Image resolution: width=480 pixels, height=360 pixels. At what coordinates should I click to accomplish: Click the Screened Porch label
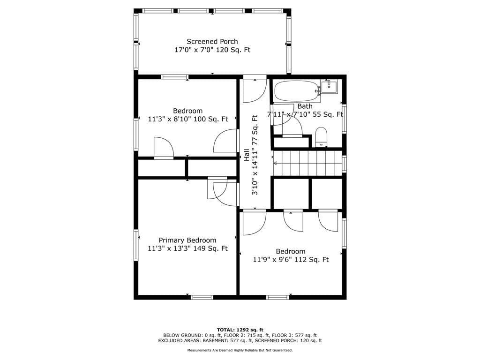(x=212, y=41)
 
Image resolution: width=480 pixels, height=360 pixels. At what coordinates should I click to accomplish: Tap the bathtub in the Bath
(x=296, y=91)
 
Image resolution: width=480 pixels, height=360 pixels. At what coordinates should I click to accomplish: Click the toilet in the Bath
(x=322, y=137)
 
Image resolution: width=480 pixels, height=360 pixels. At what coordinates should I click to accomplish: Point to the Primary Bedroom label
(x=187, y=240)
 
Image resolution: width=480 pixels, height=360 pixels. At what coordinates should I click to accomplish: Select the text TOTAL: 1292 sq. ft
(x=240, y=330)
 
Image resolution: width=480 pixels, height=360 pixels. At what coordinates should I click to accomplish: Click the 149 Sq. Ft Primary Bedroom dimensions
(x=187, y=248)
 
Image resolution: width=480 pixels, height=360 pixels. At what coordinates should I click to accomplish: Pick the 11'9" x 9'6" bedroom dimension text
(x=291, y=260)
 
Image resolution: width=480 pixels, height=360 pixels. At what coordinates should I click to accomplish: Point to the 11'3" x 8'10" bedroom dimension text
(x=188, y=119)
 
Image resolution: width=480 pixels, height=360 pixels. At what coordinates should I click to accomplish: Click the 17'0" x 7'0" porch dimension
(x=212, y=50)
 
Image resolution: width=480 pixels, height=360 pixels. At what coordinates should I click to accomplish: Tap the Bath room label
(x=305, y=106)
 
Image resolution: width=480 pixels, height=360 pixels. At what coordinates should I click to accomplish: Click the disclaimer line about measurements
(x=240, y=350)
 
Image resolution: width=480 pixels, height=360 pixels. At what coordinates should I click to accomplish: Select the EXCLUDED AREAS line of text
(x=240, y=340)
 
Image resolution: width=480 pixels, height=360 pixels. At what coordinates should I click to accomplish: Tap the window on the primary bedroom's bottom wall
(x=202, y=297)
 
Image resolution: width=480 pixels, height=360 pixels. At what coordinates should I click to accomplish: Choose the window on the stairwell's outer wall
(x=344, y=164)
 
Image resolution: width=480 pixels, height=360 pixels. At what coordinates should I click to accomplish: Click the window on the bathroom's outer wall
(x=344, y=119)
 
